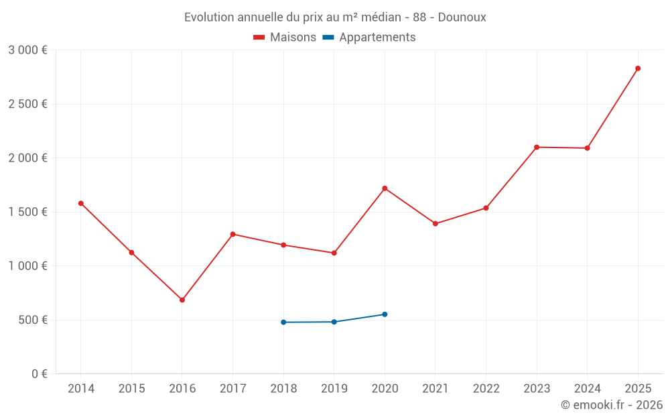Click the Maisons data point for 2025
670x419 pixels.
point(638,68)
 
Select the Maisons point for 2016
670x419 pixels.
point(182,300)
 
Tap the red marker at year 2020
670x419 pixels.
point(385,188)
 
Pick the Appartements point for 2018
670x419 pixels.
point(283,322)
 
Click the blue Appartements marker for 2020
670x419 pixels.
point(385,314)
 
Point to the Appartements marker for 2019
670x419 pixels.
point(334,322)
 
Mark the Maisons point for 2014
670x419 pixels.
point(81,203)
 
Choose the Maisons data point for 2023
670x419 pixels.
point(537,147)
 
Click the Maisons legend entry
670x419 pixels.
point(285,38)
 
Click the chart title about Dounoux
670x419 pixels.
point(335,17)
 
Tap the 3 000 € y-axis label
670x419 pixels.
point(27,50)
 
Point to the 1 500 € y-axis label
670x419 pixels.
point(27,212)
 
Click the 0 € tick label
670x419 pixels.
point(38,374)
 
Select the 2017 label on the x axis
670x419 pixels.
point(232,389)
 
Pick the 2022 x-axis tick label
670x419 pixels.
point(486,389)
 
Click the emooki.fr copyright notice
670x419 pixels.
point(611,405)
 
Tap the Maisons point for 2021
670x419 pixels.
point(435,223)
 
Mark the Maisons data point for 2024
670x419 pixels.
point(587,148)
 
